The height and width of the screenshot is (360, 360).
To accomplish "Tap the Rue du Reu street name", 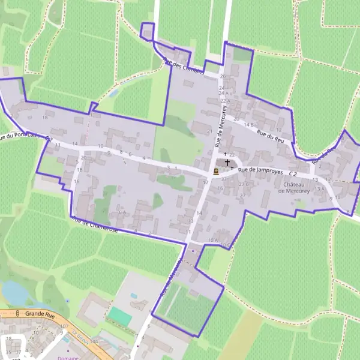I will coord(269,137).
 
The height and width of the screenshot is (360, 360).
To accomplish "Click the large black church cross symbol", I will coord(227,163).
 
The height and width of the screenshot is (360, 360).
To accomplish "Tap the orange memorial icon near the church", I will coord(216,171).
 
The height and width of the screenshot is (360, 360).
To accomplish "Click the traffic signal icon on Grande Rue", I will coord(18,313).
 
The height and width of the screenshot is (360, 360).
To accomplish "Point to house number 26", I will coord(223,76).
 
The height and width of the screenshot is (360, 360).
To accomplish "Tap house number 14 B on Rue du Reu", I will coord(248,124).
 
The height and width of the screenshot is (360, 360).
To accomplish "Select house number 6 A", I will coord(122,212).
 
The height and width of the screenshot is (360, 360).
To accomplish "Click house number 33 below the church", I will coord(223,179).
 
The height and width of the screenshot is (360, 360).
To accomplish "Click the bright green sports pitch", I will coord(119,316).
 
